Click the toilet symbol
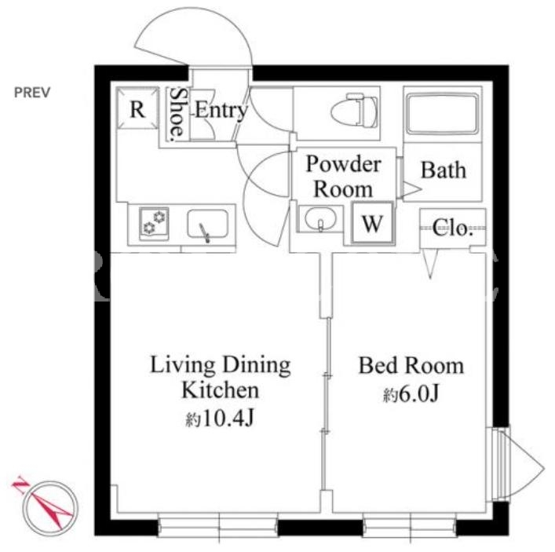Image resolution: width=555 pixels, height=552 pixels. [x=354, y=110]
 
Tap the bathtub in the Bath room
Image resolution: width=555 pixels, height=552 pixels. [x=443, y=113]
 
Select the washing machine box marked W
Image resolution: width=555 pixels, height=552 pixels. [x=372, y=223]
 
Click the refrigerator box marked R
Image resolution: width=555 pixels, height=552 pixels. [x=137, y=108]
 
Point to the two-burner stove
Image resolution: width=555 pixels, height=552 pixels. [x=154, y=224]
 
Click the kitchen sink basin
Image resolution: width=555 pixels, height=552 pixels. [x=207, y=224]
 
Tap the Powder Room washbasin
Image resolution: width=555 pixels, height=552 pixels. [x=320, y=218]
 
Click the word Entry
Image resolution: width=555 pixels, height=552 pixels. [x=221, y=110]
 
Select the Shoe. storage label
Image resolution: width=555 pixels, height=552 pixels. [x=177, y=114]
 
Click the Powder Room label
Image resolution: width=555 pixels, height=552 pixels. [x=343, y=177]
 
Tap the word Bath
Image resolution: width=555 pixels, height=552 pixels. [x=444, y=170]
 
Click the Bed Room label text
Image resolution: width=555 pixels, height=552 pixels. [x=411, y=365]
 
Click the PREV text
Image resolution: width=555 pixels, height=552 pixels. [x=32, y=93]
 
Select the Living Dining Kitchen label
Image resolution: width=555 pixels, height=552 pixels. [x=221, y=377]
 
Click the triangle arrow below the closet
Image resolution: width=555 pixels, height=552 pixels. [x=430, y=265]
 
